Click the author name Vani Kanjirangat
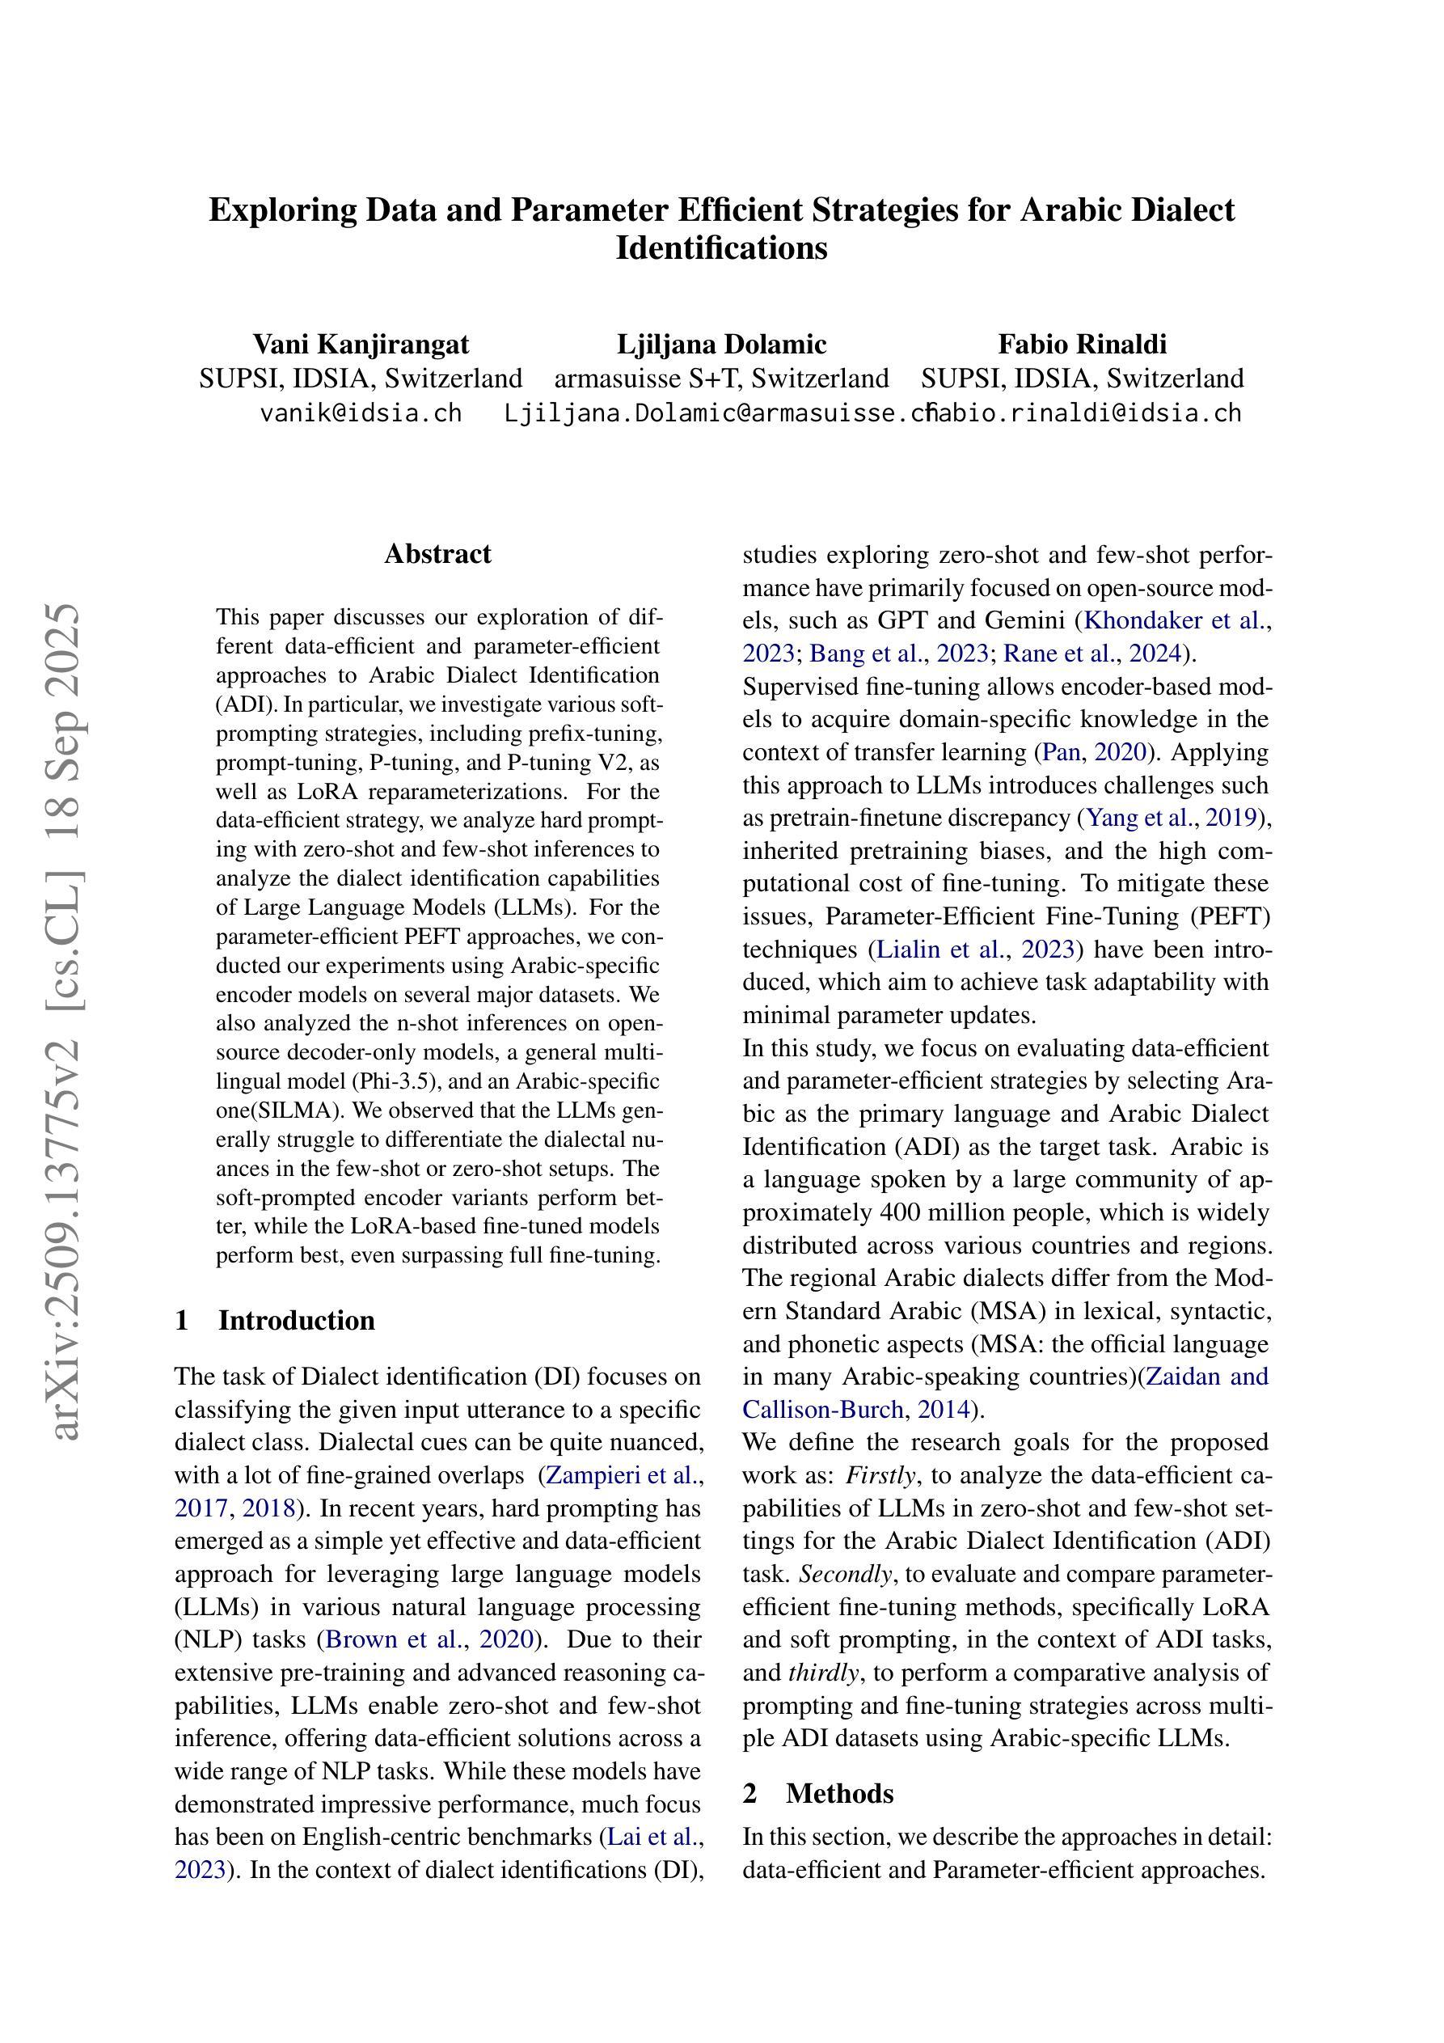pos(361,344)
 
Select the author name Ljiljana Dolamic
pos(721,344)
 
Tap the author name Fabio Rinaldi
pos(1082,344)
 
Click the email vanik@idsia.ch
pos(361,412)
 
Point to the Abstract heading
pos(437,553)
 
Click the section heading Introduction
pos(295,1320)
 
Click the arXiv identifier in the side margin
pos(67,1023)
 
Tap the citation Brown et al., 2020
pos(431,1639)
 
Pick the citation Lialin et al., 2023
pos(976,950)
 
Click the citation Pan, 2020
pos(1095,752)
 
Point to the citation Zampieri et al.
pos(622,1475)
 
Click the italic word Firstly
pos(880,1475)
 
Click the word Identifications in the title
pos(721,247)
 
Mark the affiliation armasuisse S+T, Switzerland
pos(721,379)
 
